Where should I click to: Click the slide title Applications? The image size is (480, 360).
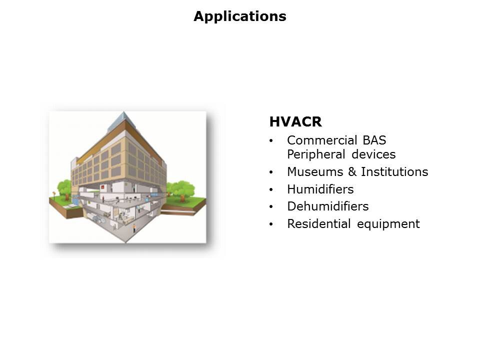tap(240, 16)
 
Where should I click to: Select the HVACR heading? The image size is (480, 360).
tap(295, 122)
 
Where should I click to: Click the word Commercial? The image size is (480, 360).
tap(321, 140)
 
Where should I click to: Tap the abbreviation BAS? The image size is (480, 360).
tap(374, 140)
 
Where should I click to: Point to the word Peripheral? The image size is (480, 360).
tap(316, 154)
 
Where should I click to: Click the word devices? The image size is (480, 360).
tap(374, 154)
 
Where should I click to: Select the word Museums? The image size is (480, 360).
tap(315, 171)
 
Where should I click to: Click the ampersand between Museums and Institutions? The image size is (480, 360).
tap(352, 171)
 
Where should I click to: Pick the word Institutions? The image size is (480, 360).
tap(394, 171)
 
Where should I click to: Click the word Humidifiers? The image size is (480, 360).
tap(320, 189)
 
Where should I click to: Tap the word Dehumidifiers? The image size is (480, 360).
tap(328, 206)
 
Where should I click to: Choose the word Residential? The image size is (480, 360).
tap(318, 224)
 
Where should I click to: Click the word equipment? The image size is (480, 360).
tap(388, 224)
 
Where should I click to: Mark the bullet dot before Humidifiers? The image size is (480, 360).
tap(271, 190)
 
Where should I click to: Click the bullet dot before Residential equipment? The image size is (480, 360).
tap(271, 224)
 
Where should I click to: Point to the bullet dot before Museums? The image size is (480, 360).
tap(271, 172)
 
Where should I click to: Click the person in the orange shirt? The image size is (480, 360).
tap(134, 228)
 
